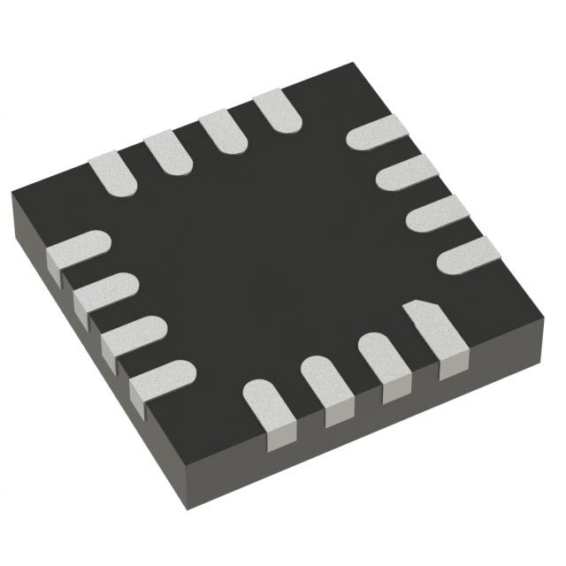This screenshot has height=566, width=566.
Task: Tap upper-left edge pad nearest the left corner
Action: point(112,172)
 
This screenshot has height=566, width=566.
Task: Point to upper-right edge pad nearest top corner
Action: point(375,133)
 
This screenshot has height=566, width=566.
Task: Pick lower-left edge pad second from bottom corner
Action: point(134,333)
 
